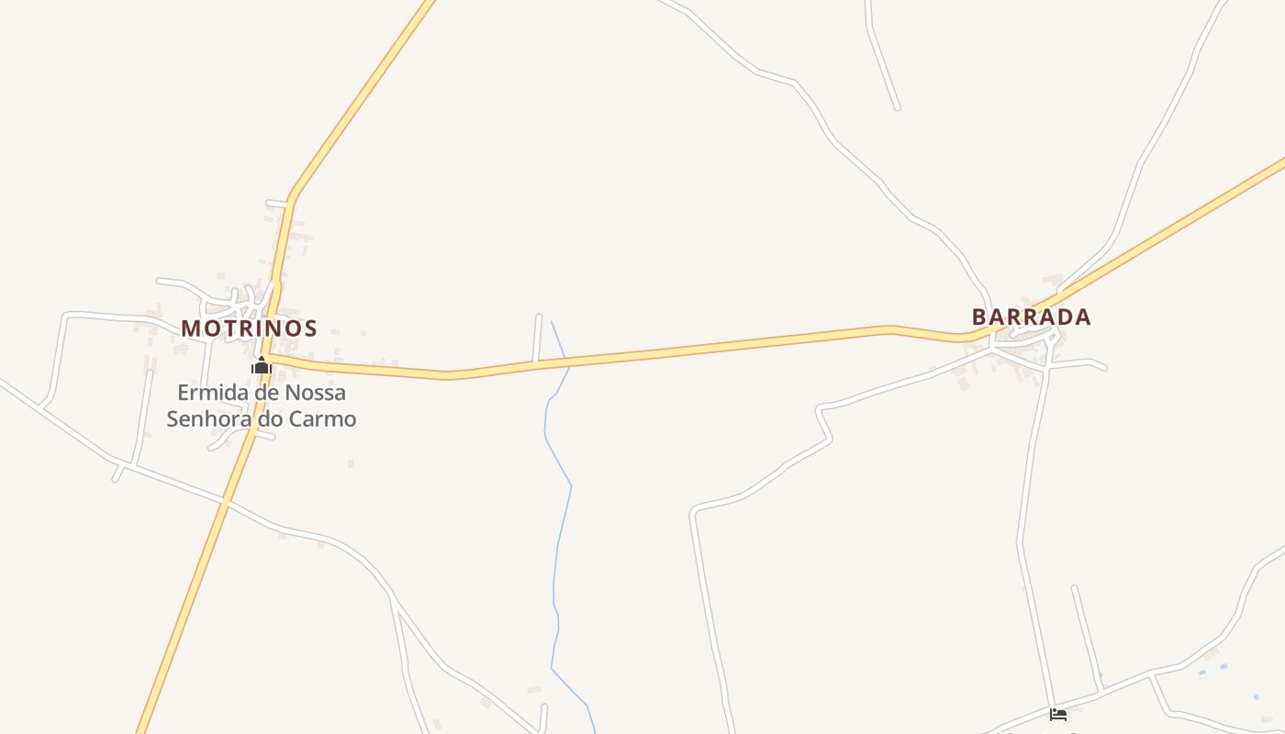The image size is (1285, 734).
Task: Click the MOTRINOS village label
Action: tap(249, 328)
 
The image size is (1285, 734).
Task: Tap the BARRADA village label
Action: tap(1031, 317)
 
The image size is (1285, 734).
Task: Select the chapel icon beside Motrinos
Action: tap(262, 365)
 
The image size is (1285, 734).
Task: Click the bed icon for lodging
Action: tap(1058, 714)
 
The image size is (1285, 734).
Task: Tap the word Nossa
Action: tap(317, 393)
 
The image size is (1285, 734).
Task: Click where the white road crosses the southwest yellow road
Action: tap(225, 502)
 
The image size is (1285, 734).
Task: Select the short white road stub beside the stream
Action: tap(537, 338)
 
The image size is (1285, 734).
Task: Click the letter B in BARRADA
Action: tap(979, 317)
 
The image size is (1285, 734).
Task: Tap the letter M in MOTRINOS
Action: tap(190, 328)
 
